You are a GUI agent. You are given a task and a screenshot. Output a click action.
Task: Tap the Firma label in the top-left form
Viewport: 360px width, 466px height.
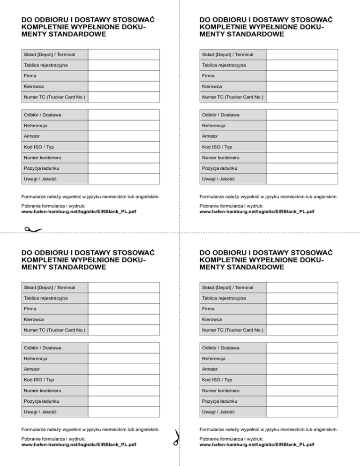point(30,75)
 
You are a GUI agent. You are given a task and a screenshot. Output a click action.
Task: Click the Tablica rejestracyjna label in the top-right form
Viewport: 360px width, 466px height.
point(224,65)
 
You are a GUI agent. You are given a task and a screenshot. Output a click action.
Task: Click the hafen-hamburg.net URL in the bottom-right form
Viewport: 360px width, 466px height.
point(256,444)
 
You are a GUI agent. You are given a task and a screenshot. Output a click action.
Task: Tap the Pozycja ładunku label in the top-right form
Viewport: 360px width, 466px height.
point(220,168)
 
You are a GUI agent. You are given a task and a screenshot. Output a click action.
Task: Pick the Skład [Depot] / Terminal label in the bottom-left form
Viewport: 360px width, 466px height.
point(50,287)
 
